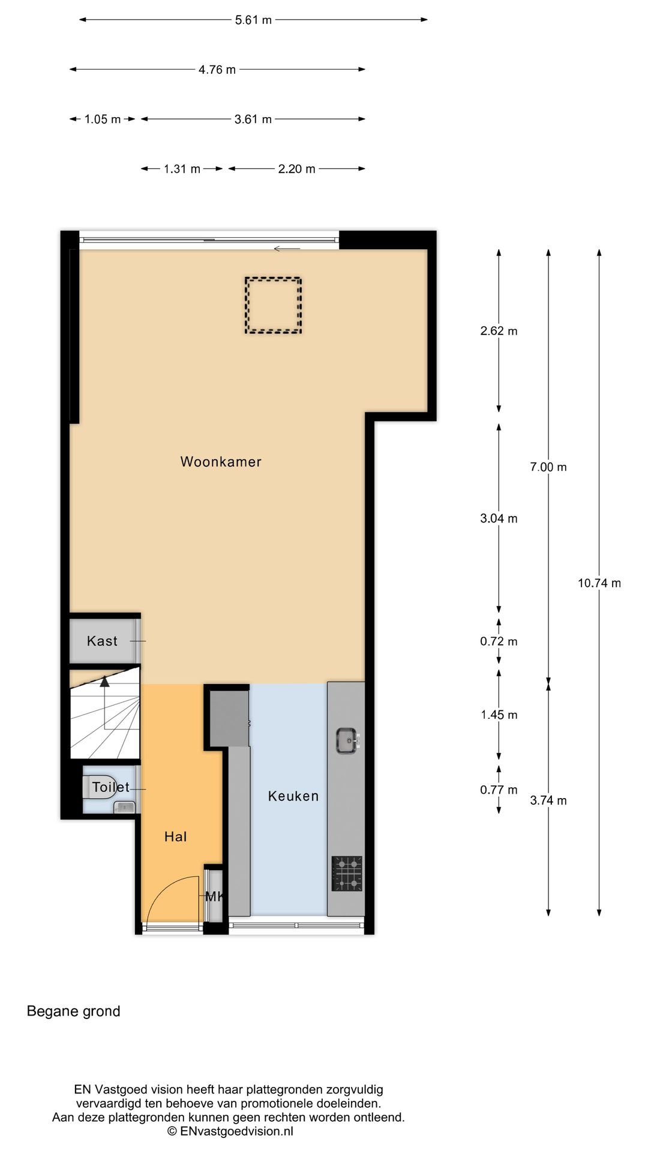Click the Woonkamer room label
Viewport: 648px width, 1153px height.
coord(221,462)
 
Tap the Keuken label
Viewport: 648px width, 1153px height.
coord(293,796)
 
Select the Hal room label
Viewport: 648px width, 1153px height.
coord(176,837)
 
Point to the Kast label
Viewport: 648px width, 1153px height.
coord(102,641)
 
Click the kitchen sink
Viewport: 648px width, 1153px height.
coord(347,740)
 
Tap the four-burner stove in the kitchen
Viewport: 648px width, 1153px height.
coord(347,874)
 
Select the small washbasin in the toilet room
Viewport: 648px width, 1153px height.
coord(125,806)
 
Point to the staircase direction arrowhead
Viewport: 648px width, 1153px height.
coord(105,682)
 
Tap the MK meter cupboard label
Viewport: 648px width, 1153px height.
coord(214,897)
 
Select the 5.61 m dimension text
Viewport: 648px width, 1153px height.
coord(253,20)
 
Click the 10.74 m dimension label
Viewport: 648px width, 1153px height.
coord(599,583)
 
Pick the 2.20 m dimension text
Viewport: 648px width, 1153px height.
coord(296,169)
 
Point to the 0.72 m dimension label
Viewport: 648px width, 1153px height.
coord(499,641)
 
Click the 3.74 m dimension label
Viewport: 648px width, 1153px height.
coord(548,800)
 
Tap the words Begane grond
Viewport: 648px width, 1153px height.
coord(74,1011)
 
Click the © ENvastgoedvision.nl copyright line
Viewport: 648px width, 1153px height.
coord(230,1131)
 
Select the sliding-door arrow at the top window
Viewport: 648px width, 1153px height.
coord(287,249)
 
